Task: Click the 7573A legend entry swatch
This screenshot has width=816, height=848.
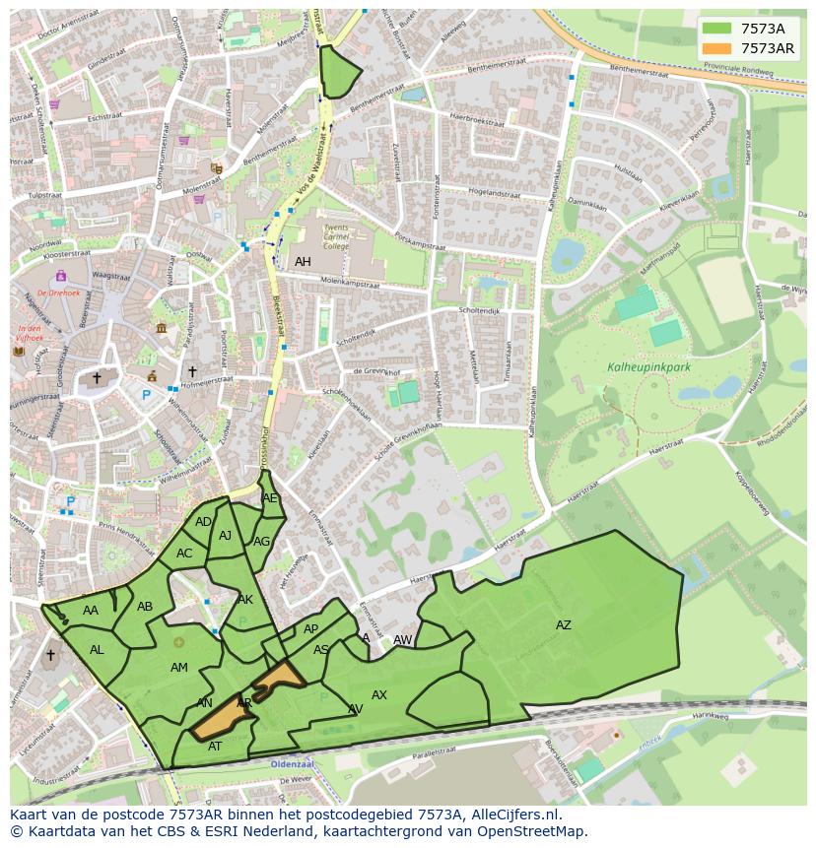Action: point(717,30)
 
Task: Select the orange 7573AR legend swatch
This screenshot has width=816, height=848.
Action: point(717,48)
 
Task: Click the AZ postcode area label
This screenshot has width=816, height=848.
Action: point(563,625)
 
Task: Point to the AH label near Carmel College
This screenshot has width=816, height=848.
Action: point(303,262)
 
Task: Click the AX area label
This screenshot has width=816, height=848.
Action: point(379,695)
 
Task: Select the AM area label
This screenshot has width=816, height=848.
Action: point(178,668)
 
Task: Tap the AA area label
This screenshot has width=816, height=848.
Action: point(91,611)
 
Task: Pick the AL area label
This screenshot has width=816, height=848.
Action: point(97,650)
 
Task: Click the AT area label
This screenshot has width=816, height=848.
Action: point(215,747)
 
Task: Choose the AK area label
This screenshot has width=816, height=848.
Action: point(245,600)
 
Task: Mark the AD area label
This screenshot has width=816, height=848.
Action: point(203,522)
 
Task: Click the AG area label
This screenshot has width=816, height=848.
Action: point(261,542)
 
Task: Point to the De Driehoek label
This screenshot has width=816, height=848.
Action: point(57,294)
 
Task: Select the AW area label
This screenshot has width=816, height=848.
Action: point(402,640)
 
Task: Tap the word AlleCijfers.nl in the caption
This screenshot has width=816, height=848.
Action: point(514,815)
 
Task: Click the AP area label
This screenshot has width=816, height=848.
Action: point(310,629)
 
